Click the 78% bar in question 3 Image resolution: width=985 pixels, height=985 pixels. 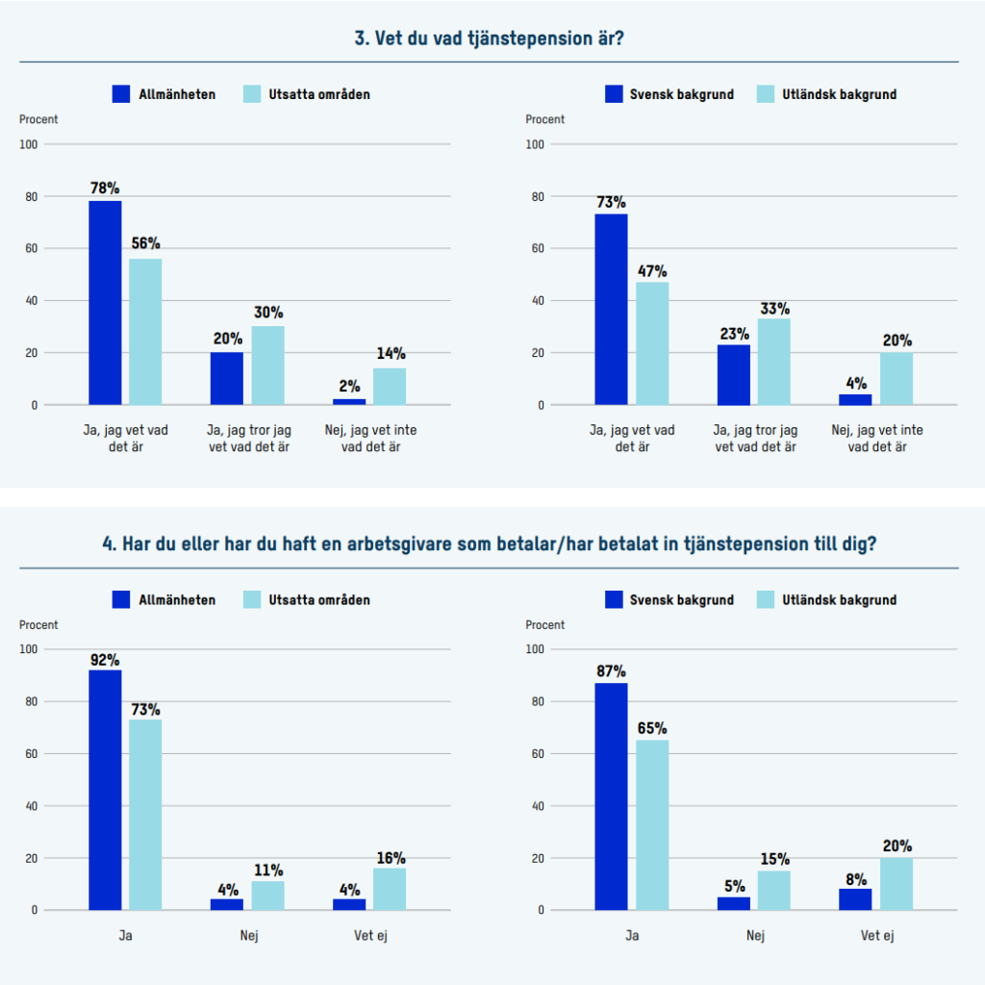[x=105, y=302]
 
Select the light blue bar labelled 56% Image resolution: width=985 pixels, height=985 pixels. [x=145, y=331]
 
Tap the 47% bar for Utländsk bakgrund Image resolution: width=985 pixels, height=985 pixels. [x=652, y=342]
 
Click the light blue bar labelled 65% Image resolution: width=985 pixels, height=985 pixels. [x=652, y=824]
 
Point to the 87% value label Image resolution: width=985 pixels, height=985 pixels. [x=611, y=670]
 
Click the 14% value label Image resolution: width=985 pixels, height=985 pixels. [x=391, y=353]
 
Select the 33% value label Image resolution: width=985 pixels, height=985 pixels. [x=774, y=309]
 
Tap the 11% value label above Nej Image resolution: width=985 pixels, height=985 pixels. [x=268, y=871]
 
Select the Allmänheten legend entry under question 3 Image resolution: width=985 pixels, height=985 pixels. [x=164, y=94]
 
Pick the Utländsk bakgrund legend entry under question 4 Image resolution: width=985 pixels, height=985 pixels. [x=827, y=599]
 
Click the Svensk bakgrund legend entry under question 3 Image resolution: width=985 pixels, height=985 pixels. [x=669, y=94]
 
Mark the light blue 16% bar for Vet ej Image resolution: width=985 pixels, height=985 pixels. [x=390, y=889]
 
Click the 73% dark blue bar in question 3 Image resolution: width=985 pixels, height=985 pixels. [x=611, y=309]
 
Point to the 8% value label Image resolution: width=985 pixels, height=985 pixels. [x=856, y=879]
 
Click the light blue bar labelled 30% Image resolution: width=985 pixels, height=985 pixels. [x=268, y=365]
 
